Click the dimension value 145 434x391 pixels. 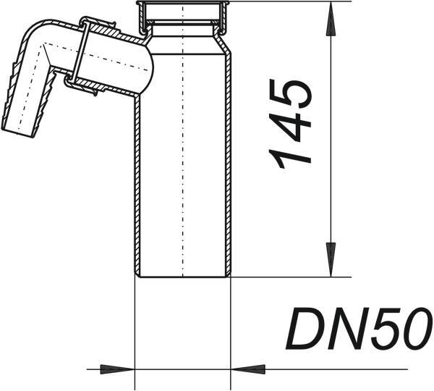(290, 124)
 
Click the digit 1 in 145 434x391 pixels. (290, 158)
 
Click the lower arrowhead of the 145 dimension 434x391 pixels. (331, 260)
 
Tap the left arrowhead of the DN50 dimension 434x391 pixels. (117, 369)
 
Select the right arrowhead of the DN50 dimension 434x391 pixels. (247, 369)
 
